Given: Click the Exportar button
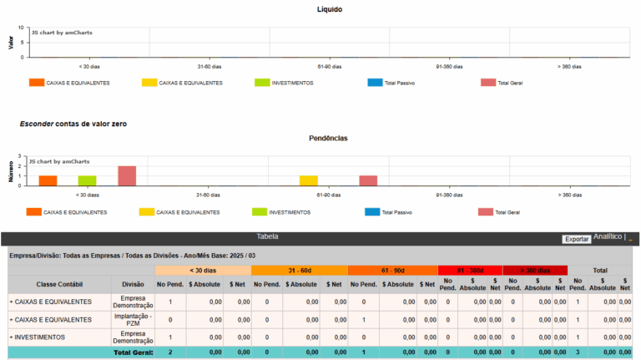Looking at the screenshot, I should pos(577,239).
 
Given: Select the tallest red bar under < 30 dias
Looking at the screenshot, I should pos(127,175).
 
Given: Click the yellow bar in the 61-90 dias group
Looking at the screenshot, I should pos(308,180).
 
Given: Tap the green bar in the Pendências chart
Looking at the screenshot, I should pos(88,180).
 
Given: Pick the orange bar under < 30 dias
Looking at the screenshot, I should pos(48,180).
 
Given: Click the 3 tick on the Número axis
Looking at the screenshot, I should pos(19,156).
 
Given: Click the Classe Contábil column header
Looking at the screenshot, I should pos(59,284).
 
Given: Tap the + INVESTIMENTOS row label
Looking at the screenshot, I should pos(38,337).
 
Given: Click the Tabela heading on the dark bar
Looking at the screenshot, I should pos(267,236).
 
